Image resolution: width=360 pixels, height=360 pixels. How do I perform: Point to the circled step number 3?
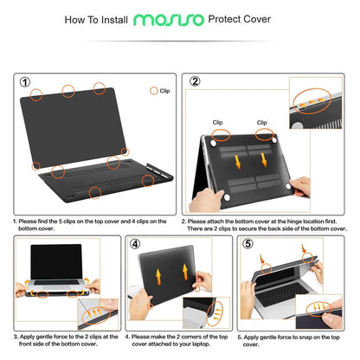[x=24, y=244]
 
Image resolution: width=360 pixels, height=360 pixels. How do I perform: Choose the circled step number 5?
[x=248, y=244]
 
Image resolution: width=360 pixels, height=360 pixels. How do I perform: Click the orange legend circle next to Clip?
[x=154, y=90]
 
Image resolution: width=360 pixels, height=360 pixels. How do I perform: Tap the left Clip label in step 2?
[x=222, y=123]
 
